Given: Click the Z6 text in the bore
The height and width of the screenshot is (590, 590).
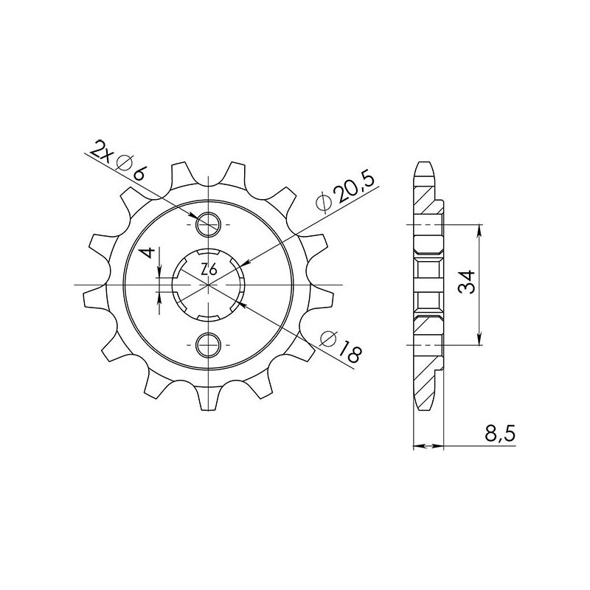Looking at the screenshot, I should coord(209,271).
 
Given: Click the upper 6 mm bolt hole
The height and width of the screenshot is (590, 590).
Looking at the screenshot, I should coord(209,223).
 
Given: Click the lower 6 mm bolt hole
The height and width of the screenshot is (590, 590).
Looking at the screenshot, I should coord(209,344).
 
